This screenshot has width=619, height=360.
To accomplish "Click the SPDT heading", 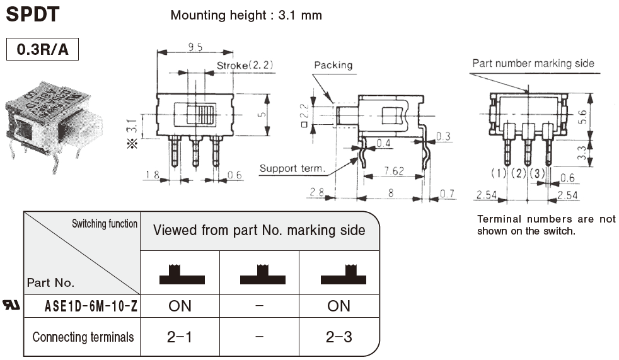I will [x=33, y=13].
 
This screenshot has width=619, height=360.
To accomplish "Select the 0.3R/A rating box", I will [x=42, y=50].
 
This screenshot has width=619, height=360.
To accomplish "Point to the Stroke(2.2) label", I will [x=245, y=65].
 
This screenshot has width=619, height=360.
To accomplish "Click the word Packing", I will [x=333, y=65].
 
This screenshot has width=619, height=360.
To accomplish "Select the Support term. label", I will [x=292, y=168].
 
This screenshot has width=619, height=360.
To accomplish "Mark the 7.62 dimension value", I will [x=393, y=171].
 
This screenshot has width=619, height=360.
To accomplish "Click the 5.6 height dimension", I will [x=599, y=117].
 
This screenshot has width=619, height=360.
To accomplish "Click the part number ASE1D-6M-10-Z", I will [x=91, y=307].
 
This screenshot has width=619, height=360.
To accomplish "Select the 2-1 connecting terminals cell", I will [x=180, y=337].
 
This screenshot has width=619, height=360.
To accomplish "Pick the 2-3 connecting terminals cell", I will [x=338, y=337].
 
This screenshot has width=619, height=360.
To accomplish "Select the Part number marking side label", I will [x=533, y=63].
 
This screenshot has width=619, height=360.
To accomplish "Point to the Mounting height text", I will [x=246, y=15].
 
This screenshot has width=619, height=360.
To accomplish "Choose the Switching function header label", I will [x=105, y=224].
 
